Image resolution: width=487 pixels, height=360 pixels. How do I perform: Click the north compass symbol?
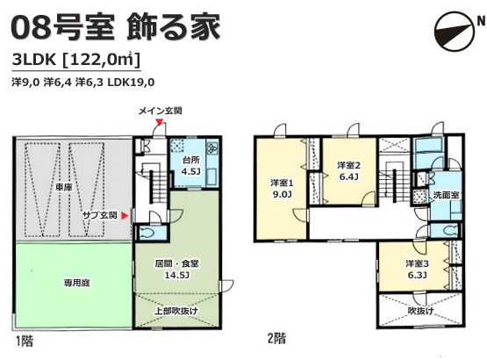(455, 32)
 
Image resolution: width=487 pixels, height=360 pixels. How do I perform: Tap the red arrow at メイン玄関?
(160, 122)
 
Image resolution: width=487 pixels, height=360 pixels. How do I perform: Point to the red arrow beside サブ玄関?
(125, 215)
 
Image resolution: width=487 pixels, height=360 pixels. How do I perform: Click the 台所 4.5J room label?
(190, 166)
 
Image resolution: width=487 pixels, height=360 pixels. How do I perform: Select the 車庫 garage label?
(64, 187)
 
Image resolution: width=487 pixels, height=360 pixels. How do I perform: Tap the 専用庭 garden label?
(76, 284)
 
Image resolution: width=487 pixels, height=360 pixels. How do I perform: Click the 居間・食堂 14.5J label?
(176, 270)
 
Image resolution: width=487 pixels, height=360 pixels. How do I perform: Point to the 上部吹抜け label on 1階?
(176, 311)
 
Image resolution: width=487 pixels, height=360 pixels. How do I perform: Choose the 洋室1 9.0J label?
(282, 189)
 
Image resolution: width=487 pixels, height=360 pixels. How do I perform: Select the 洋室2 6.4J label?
(348, 171)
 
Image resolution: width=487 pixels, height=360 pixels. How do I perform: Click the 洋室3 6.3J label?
(417, 270)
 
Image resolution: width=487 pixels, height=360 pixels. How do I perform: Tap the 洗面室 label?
(446, 195)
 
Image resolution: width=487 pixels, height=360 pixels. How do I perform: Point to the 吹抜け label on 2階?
(421, 311)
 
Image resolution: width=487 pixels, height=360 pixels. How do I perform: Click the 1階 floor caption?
(25, 342)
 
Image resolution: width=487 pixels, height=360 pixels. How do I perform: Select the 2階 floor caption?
(276, 339)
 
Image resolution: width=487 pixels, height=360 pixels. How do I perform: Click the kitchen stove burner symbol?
(213, 148)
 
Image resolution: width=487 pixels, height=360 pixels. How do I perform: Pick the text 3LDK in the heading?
(34, 60)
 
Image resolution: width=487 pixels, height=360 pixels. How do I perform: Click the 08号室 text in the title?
(61, 27)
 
